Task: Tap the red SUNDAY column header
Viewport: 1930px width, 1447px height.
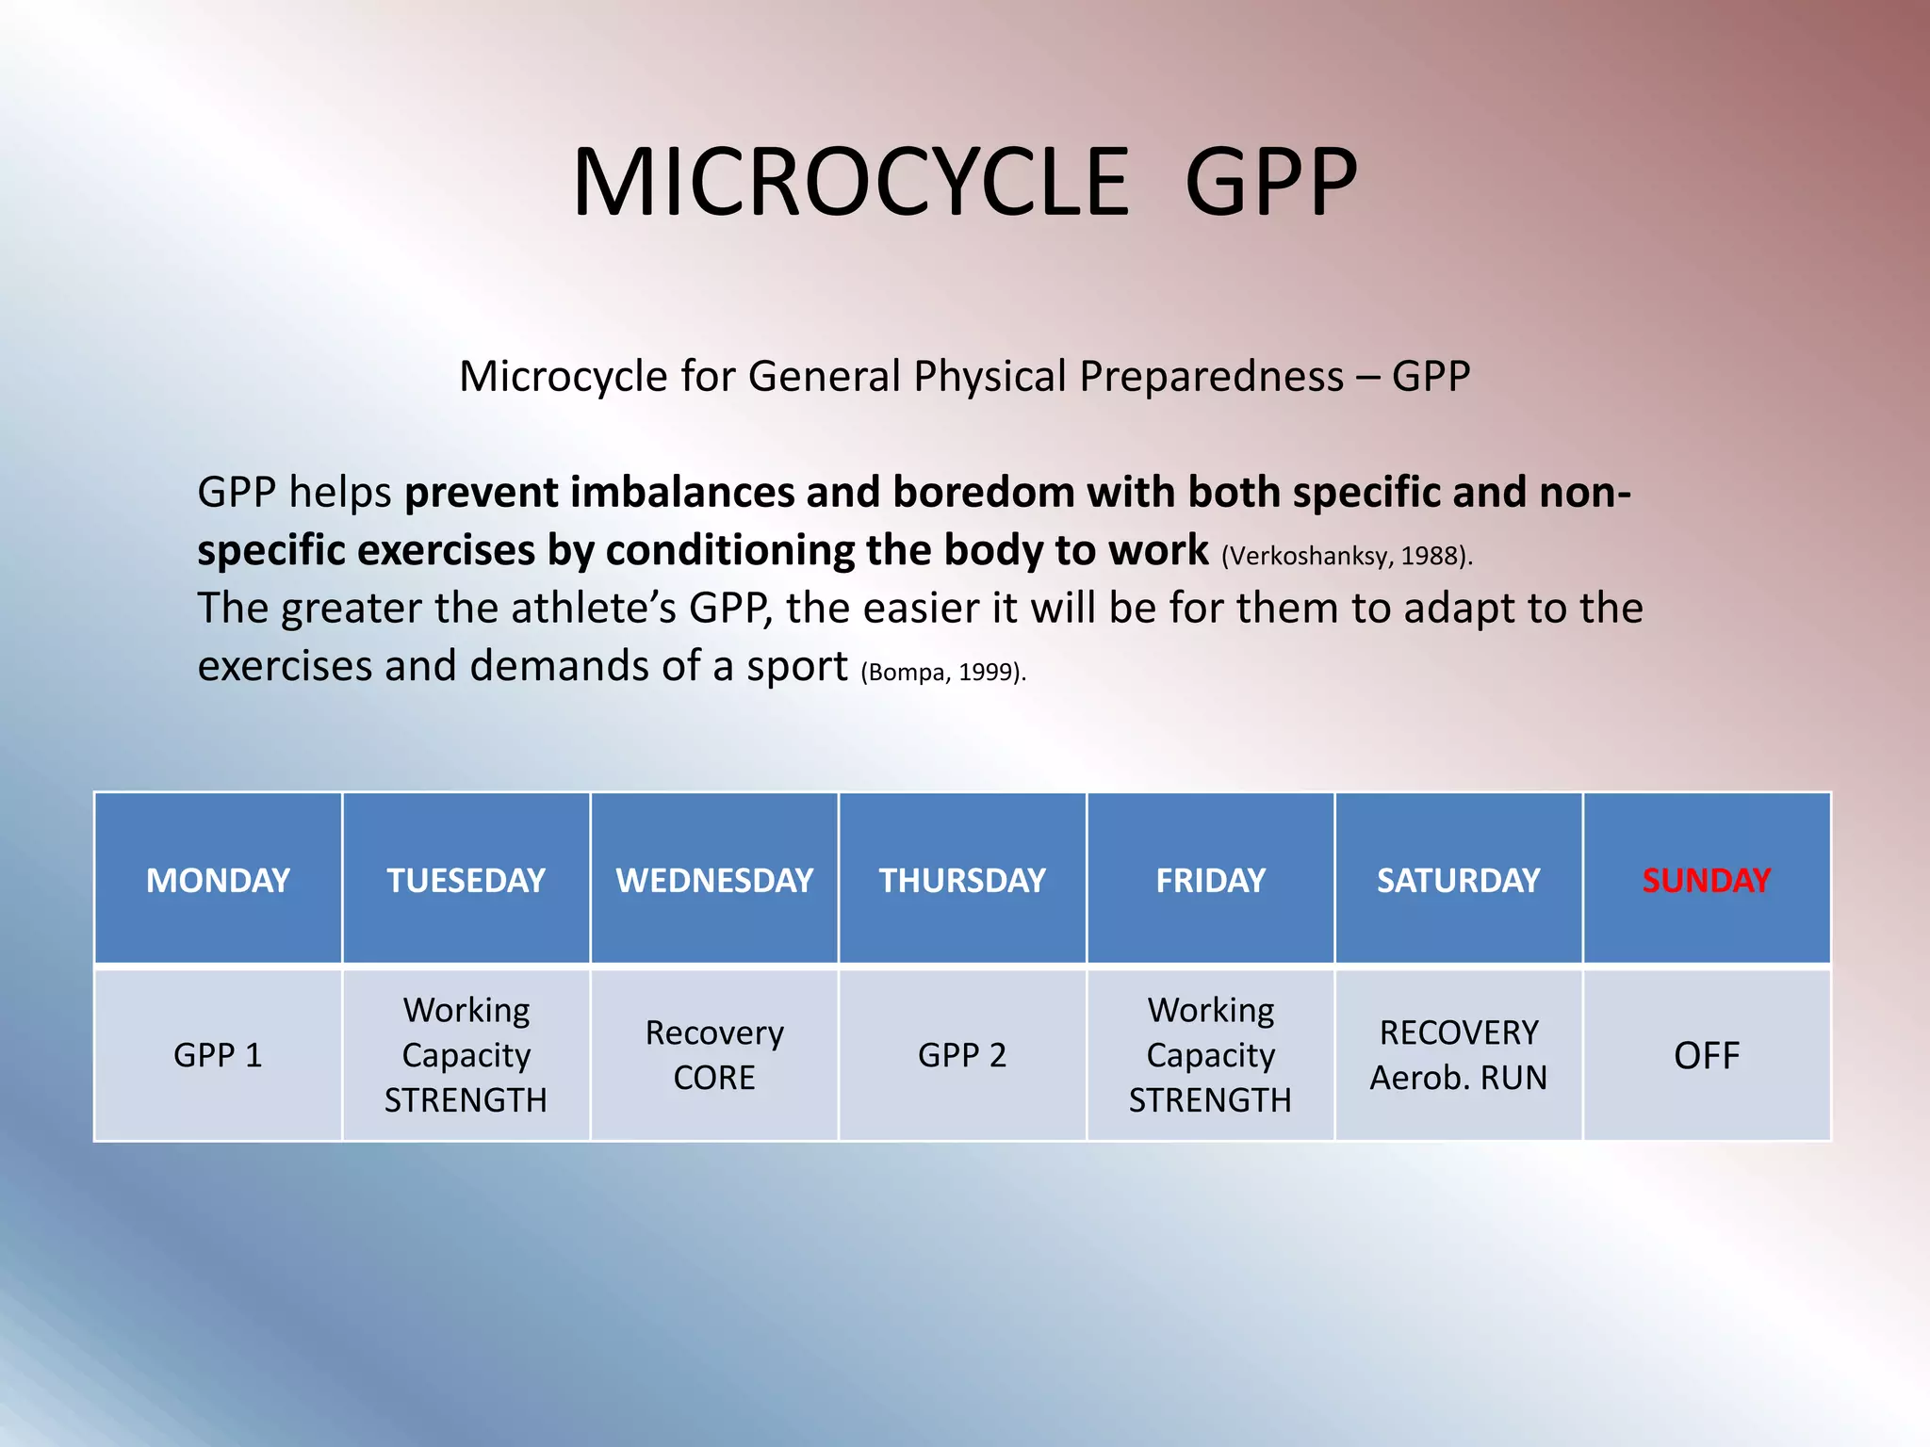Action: [1706, 880]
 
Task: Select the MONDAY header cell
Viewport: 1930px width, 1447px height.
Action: [218, 880]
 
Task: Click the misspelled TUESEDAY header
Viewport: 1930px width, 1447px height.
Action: [466, 880]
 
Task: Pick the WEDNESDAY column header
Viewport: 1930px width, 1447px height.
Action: [714, 880]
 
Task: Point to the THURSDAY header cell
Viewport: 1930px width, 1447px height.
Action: [962, 880]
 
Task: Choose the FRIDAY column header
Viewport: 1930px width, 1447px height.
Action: [1210, 880]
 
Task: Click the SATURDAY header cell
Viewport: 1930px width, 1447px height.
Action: [1458, 880]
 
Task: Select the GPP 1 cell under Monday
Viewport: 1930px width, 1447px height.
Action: [218, 1055]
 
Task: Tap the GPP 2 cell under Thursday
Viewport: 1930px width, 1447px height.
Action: [962, 1055]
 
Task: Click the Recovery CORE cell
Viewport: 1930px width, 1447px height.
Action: [714, 1055]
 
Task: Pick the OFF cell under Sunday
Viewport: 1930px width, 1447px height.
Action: [1706, 1055]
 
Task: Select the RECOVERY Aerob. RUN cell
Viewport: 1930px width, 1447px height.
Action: [1458, 1055]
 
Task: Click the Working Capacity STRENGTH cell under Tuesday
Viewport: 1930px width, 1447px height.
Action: [466, 1055]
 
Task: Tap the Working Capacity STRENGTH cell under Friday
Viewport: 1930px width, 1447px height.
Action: [1210, 1055]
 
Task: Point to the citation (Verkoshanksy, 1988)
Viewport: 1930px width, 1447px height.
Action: [1346, 556]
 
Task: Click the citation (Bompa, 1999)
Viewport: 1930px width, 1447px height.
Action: [942, 672]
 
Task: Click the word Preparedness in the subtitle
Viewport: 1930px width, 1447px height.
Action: [1211, 377]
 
